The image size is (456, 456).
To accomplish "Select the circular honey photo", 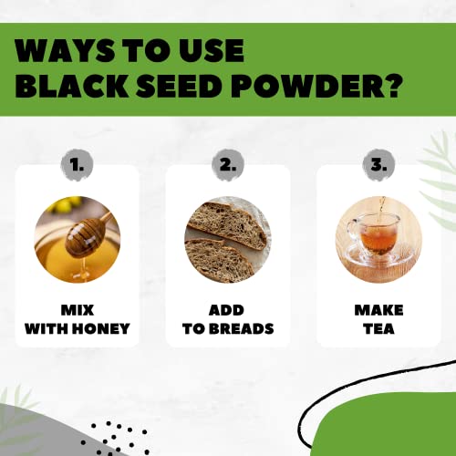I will (x=77, y=236).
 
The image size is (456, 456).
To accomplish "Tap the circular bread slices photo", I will (x=227, y=236).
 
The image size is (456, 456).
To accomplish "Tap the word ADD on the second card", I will (x=227, y=309).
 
